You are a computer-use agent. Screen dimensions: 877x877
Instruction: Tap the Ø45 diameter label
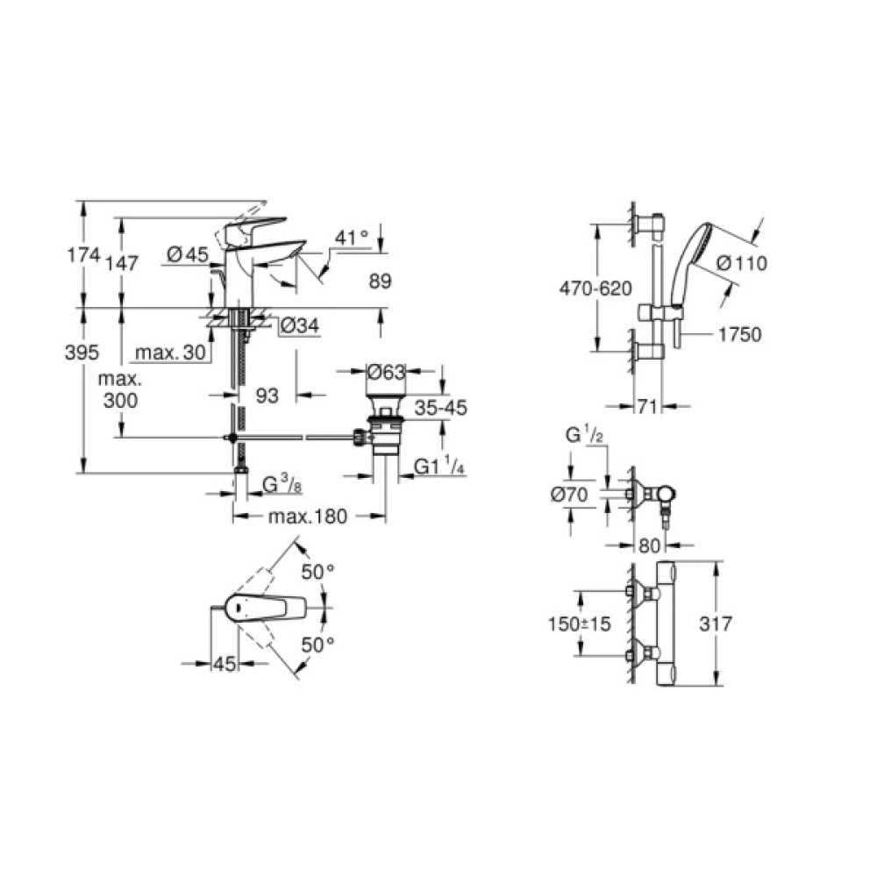pyautogui.click(x=186, y=255)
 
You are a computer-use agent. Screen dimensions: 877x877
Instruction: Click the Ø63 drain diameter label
pyautogui.click(x=387, y=372)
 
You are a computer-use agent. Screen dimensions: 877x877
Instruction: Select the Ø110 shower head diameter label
pyautogui.click(x=741, y=262)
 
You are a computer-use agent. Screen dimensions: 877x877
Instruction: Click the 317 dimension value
pyautogui.click(x=719, y=624)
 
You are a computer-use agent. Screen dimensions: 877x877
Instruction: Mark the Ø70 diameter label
pyautogui.click(x=571, y=495)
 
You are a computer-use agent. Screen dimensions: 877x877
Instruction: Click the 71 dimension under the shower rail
pyautogui.click(x=647, y=407)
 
